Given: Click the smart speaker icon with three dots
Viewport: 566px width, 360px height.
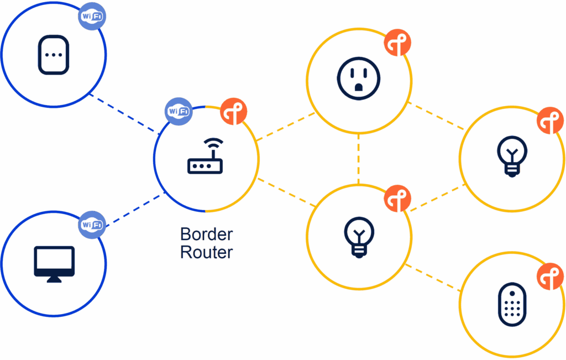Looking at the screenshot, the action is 54,55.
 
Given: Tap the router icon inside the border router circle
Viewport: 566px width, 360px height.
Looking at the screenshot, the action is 205,156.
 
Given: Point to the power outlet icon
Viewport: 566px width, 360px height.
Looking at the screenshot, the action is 358,79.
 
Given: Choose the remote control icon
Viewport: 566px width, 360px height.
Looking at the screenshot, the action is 512,305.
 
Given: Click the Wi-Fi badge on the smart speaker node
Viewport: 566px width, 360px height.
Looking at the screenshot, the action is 92,16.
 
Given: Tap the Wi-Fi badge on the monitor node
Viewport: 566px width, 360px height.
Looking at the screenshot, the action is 92,225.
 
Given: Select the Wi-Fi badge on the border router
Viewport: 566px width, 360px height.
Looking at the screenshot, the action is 179,112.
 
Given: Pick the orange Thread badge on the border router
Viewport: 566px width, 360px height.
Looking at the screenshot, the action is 234,112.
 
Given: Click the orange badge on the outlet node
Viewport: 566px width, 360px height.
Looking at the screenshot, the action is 397,43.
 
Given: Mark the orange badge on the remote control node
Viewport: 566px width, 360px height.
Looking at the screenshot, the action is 550,276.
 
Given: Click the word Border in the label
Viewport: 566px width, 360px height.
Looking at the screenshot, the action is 207,234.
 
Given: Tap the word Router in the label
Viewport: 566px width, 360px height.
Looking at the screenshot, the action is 207,252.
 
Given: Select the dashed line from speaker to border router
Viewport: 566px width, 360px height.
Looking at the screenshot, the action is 124,114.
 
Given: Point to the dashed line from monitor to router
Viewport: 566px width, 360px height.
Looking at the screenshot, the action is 136,210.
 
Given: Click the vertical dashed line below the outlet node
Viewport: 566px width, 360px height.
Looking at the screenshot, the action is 358,159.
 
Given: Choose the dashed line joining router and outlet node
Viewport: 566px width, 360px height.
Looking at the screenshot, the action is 286,127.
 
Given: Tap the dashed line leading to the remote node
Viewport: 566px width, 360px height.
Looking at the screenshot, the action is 433,278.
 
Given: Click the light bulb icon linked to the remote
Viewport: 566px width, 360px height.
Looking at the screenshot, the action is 359,237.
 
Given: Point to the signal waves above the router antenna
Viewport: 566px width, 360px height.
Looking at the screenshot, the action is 213,143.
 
